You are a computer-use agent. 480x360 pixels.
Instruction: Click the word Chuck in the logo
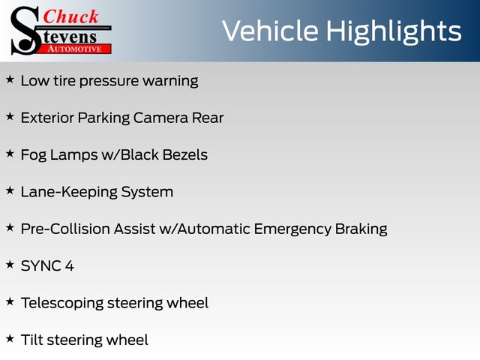pos(70,16)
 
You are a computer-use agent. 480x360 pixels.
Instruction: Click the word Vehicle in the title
pos(270,31)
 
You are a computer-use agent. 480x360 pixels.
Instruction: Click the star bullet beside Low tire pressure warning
pos(10,79)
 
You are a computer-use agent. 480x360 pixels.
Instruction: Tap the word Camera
pos(160,118)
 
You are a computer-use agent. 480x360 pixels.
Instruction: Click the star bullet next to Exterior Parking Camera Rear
pos(10,117)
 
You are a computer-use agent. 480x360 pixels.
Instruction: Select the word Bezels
pos(185,154)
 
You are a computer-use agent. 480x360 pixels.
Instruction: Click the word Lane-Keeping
pos(69,193)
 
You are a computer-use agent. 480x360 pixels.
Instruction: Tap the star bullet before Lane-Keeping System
pos(10,190)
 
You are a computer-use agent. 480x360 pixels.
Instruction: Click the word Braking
pos(361,229)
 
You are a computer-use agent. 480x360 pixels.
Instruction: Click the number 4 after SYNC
pos(70,265)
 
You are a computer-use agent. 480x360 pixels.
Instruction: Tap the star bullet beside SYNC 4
pos(10,265)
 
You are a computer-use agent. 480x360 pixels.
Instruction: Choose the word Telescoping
pos(62,303)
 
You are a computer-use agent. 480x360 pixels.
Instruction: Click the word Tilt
pos(31,340)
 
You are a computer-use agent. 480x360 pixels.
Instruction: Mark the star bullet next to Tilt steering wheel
pos(10,338)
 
